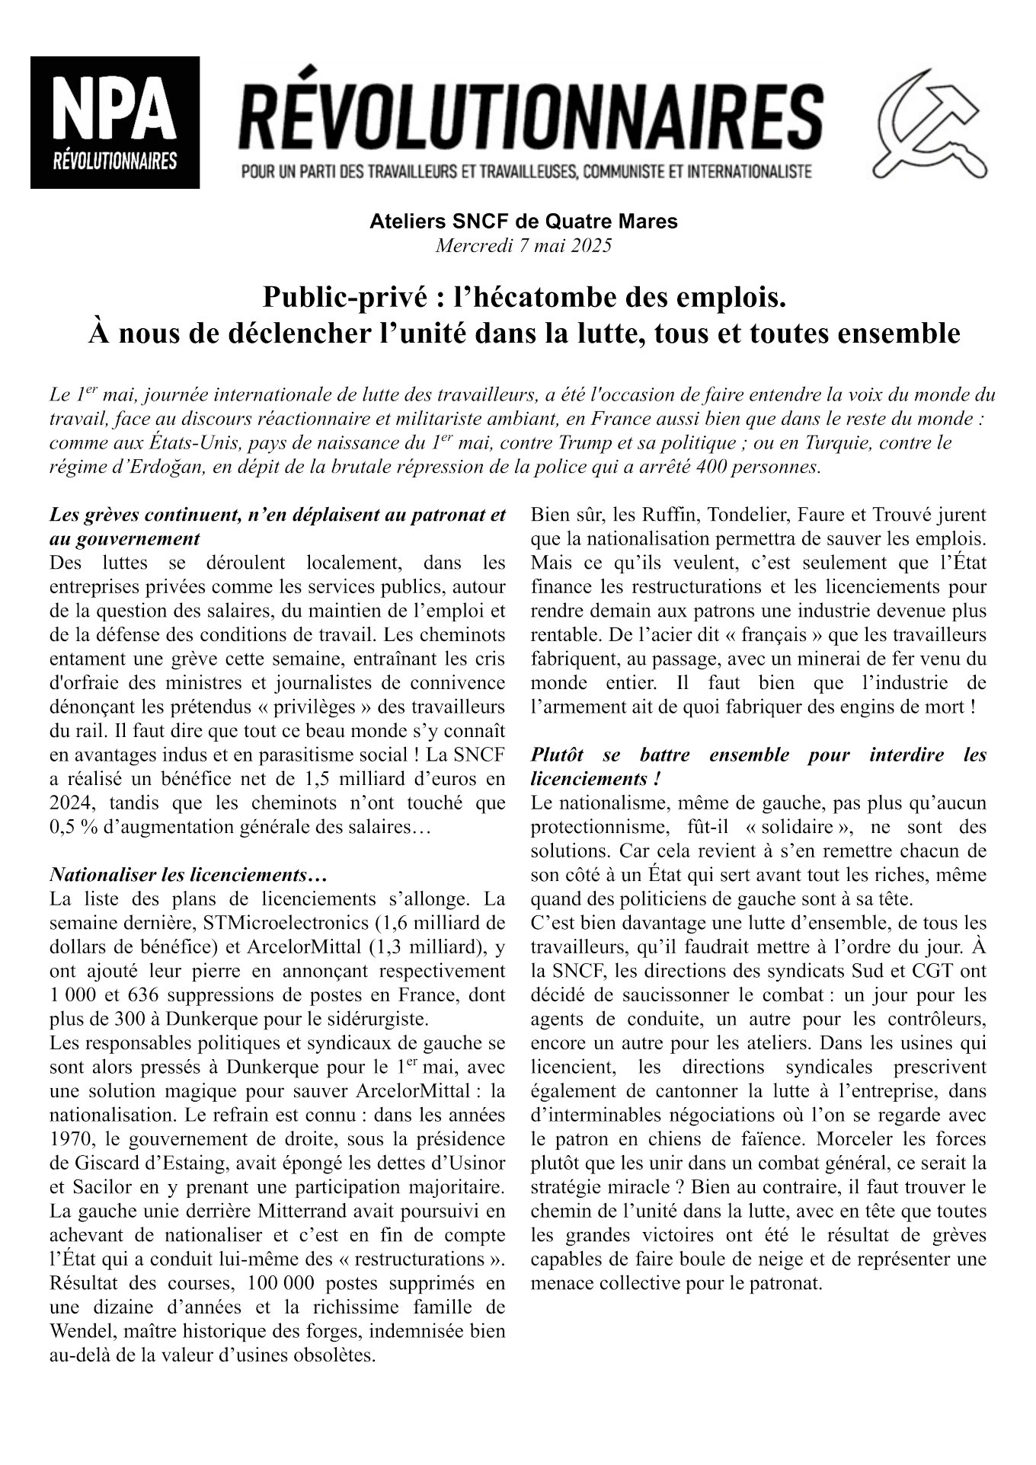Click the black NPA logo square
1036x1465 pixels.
tap(115, 123)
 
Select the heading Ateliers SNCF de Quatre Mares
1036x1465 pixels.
tap(523, 222)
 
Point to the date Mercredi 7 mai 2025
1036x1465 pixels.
tap(523, 246)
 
